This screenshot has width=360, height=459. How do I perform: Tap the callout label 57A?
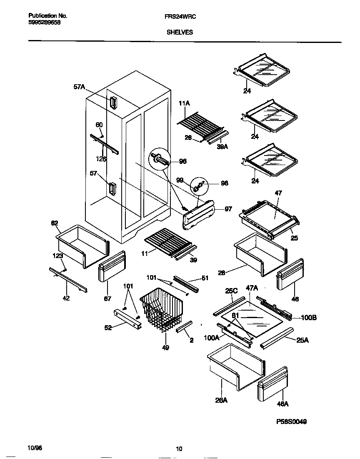click(x=79, y=87)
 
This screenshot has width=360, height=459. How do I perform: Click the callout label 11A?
click(x=184, y=103)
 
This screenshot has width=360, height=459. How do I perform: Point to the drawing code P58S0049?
click(x=291, y=421)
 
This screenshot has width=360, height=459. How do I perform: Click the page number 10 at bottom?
click(x=179, y=449)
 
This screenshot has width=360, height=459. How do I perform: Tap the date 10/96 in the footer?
click(x=35, y=447)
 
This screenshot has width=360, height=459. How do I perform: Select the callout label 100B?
click(x=309, y=317)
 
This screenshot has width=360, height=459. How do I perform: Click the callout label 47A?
click(x=252, y=288)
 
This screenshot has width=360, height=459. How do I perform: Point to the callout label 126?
click(x=100, y=159)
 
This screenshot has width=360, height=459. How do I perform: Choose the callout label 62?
click(x=55, y=223)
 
